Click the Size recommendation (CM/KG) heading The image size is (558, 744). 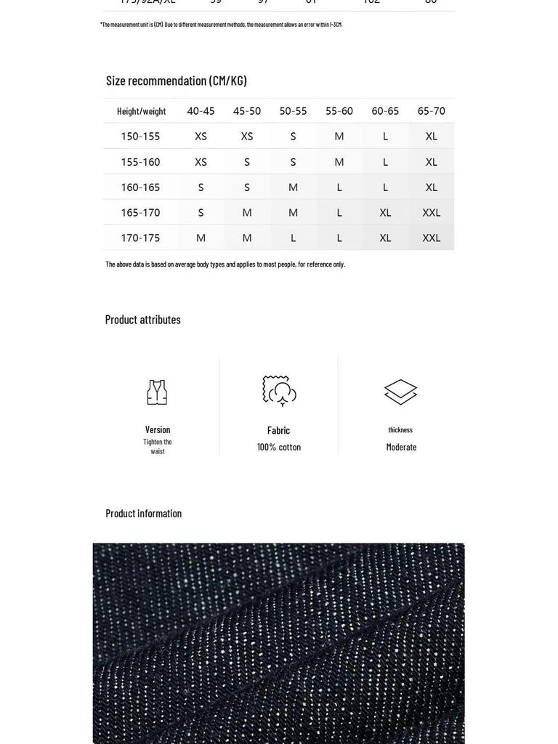(177, 81)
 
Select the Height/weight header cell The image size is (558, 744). (141, 111)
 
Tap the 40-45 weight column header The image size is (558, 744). (201, 111)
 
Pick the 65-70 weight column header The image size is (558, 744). (431, 111)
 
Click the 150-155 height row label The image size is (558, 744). (140, 137)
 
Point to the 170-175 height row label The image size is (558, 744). (140, 238)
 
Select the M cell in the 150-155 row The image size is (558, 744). (339, 137)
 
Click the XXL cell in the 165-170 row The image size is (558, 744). (431, 213)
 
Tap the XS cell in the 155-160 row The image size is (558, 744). (201, 162)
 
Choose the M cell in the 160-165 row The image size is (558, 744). (293, 187)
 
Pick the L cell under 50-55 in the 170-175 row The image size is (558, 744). (293, 238)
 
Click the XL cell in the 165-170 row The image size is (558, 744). (385, 213)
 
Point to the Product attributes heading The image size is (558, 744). (143, 320)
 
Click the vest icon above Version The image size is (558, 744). (157, 392)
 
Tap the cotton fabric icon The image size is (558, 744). (279, 391)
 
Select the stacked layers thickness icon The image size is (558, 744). (400, 392)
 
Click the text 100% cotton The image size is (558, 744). (279, 448)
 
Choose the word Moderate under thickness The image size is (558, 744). (401, 448)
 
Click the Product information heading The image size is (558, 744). (144, 514)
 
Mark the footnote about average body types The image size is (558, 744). (225, 264)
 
